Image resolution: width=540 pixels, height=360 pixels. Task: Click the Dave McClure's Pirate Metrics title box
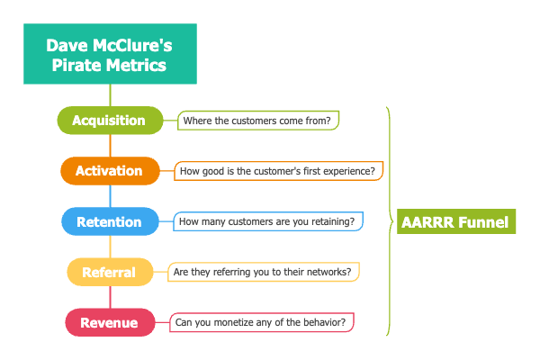click(x=109, y=55)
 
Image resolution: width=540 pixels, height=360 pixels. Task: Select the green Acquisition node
click(x=110, y=120)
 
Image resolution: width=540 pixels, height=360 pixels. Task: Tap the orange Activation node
click(x=110, y=171)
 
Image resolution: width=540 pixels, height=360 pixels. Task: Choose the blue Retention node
click(x=110, y=221)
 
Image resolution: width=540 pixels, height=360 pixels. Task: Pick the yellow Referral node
click(x=110, y=272)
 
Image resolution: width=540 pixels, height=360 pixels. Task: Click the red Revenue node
click(x=110, y=322)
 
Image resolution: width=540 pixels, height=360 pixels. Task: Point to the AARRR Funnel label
click(x=456, y=221)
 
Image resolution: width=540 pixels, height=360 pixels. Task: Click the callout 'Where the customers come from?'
click(x=258, y=120)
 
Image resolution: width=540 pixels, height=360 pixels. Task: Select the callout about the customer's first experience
click(x=279, y=170)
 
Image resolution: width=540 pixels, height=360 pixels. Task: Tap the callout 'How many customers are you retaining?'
click(x=267, y=221)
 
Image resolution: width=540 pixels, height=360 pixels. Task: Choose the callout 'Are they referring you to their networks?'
click(x=265, y=272)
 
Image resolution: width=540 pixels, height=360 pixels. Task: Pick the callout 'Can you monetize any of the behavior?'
click(x=262, y=321)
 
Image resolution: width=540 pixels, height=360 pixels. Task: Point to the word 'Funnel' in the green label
click(x=484, y=221)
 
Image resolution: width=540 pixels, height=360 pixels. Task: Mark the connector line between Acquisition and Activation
click(x=110, y=145)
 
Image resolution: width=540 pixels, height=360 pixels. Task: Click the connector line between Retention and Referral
click(x=110, y=247)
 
